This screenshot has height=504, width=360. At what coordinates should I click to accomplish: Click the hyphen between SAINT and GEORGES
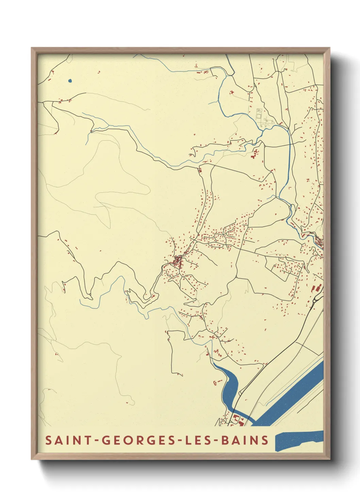coord(97,440)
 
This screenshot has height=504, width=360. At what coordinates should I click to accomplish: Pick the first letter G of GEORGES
coord(106,440)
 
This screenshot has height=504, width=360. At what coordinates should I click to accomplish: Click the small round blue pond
coord(70,81)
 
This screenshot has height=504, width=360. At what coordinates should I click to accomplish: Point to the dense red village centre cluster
coord(177,262)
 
